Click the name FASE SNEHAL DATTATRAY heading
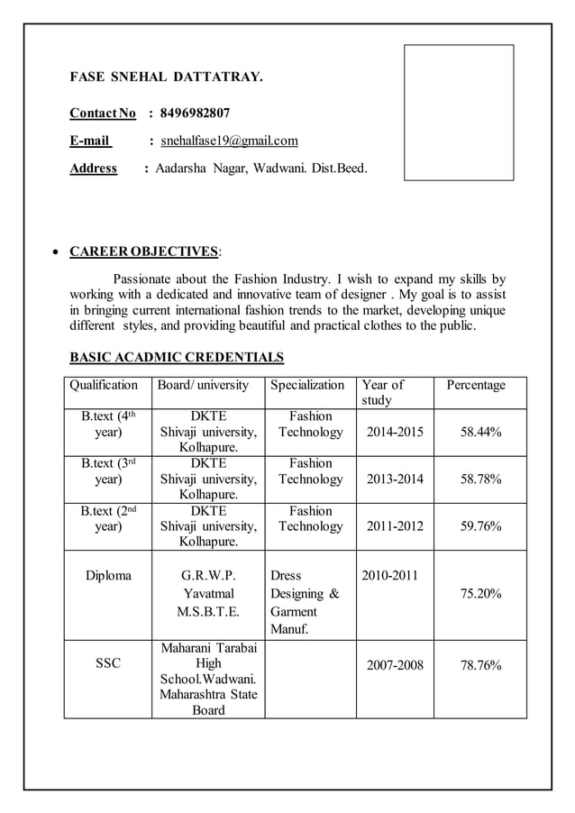click(x=167, y=78)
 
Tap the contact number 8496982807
click(x=195, y=114)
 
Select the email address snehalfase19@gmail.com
click(x=229, y=141)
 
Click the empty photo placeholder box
click(x=458, y=113)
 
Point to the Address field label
click(x=94, y=169)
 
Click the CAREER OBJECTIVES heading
click(x=144, y=251)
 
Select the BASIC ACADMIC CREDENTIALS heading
click(x=177, y=358)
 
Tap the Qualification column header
click(x=104, y=385)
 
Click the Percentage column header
click(x=475, y=385)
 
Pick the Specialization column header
click(x=307, y=385)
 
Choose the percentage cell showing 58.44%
click(x=480, y=433)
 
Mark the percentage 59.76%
click(x=480, y=526)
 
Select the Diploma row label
click(x=107, y=575)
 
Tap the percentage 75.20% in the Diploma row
click(x=480, y=594)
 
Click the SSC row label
click(x=107, y=664)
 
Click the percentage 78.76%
click(x=480, y=666)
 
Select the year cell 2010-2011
click(x=389, y=575)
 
